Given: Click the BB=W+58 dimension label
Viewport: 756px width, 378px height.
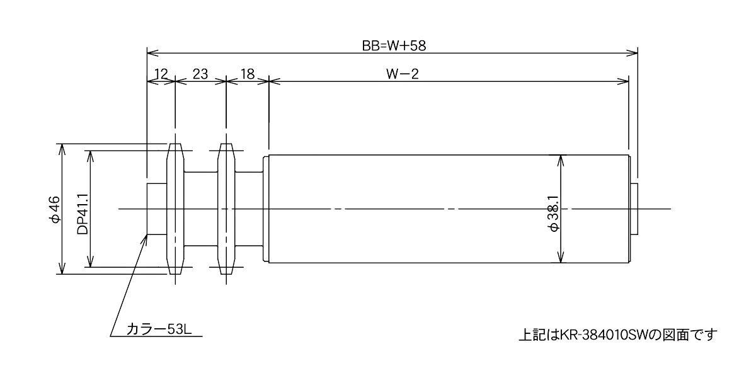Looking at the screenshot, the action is pos(394,46).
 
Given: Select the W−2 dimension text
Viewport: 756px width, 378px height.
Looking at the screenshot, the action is pos(403,74).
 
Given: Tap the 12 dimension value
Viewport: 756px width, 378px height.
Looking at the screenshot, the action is pos(161,74).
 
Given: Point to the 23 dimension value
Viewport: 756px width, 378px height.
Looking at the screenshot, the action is pos(200,74).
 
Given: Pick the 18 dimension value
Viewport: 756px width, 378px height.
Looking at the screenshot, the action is pos(248,74).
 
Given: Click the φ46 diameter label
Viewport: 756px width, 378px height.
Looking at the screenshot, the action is pos(54,209).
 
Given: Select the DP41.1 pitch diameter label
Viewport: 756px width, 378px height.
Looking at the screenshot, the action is pos(83,214).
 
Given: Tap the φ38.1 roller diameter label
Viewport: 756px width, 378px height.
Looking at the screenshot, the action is pos(554,214).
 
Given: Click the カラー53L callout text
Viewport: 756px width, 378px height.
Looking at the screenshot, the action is pos(159,329).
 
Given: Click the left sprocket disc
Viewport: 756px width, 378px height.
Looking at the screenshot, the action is pos(176,209).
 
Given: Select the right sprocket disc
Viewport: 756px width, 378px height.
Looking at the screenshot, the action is pos(226,209).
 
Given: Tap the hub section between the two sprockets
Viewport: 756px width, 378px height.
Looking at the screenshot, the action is pos(201,209).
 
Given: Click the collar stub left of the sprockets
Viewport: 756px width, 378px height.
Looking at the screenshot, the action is pos(157,209).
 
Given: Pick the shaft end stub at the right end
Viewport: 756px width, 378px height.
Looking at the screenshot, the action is pos(634,209).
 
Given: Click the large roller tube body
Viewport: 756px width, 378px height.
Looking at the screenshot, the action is pos(449,209).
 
